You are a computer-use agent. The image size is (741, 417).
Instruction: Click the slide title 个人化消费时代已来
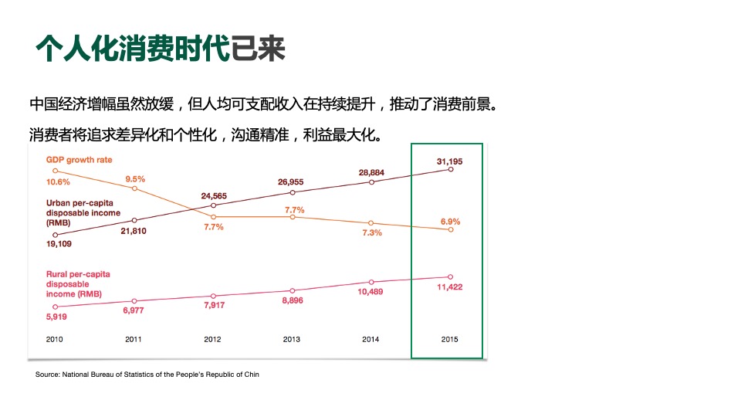coord(161,48)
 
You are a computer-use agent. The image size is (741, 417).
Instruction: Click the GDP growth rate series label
coord(80,160)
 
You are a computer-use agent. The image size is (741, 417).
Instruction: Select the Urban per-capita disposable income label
coord(83,212)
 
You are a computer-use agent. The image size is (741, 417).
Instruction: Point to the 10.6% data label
coord(58,182)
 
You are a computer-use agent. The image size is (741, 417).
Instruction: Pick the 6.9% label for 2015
coord(451,222)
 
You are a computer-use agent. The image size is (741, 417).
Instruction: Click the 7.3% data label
coord(371,232)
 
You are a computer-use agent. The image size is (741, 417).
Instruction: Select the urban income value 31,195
coord(450,161)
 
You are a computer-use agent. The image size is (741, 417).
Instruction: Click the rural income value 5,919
coord(58,316)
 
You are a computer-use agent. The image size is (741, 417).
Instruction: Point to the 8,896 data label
coord(292,300)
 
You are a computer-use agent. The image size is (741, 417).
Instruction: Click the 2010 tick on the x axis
coord(54,339)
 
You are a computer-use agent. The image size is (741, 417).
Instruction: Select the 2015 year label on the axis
coord(449,339)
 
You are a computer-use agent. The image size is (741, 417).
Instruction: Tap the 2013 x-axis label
coord(292,339)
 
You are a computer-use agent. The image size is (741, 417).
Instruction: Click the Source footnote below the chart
coord(147,375)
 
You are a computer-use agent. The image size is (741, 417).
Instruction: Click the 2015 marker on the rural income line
coord(451,276)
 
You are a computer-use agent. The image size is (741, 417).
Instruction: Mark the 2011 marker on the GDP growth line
coord(134,188)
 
